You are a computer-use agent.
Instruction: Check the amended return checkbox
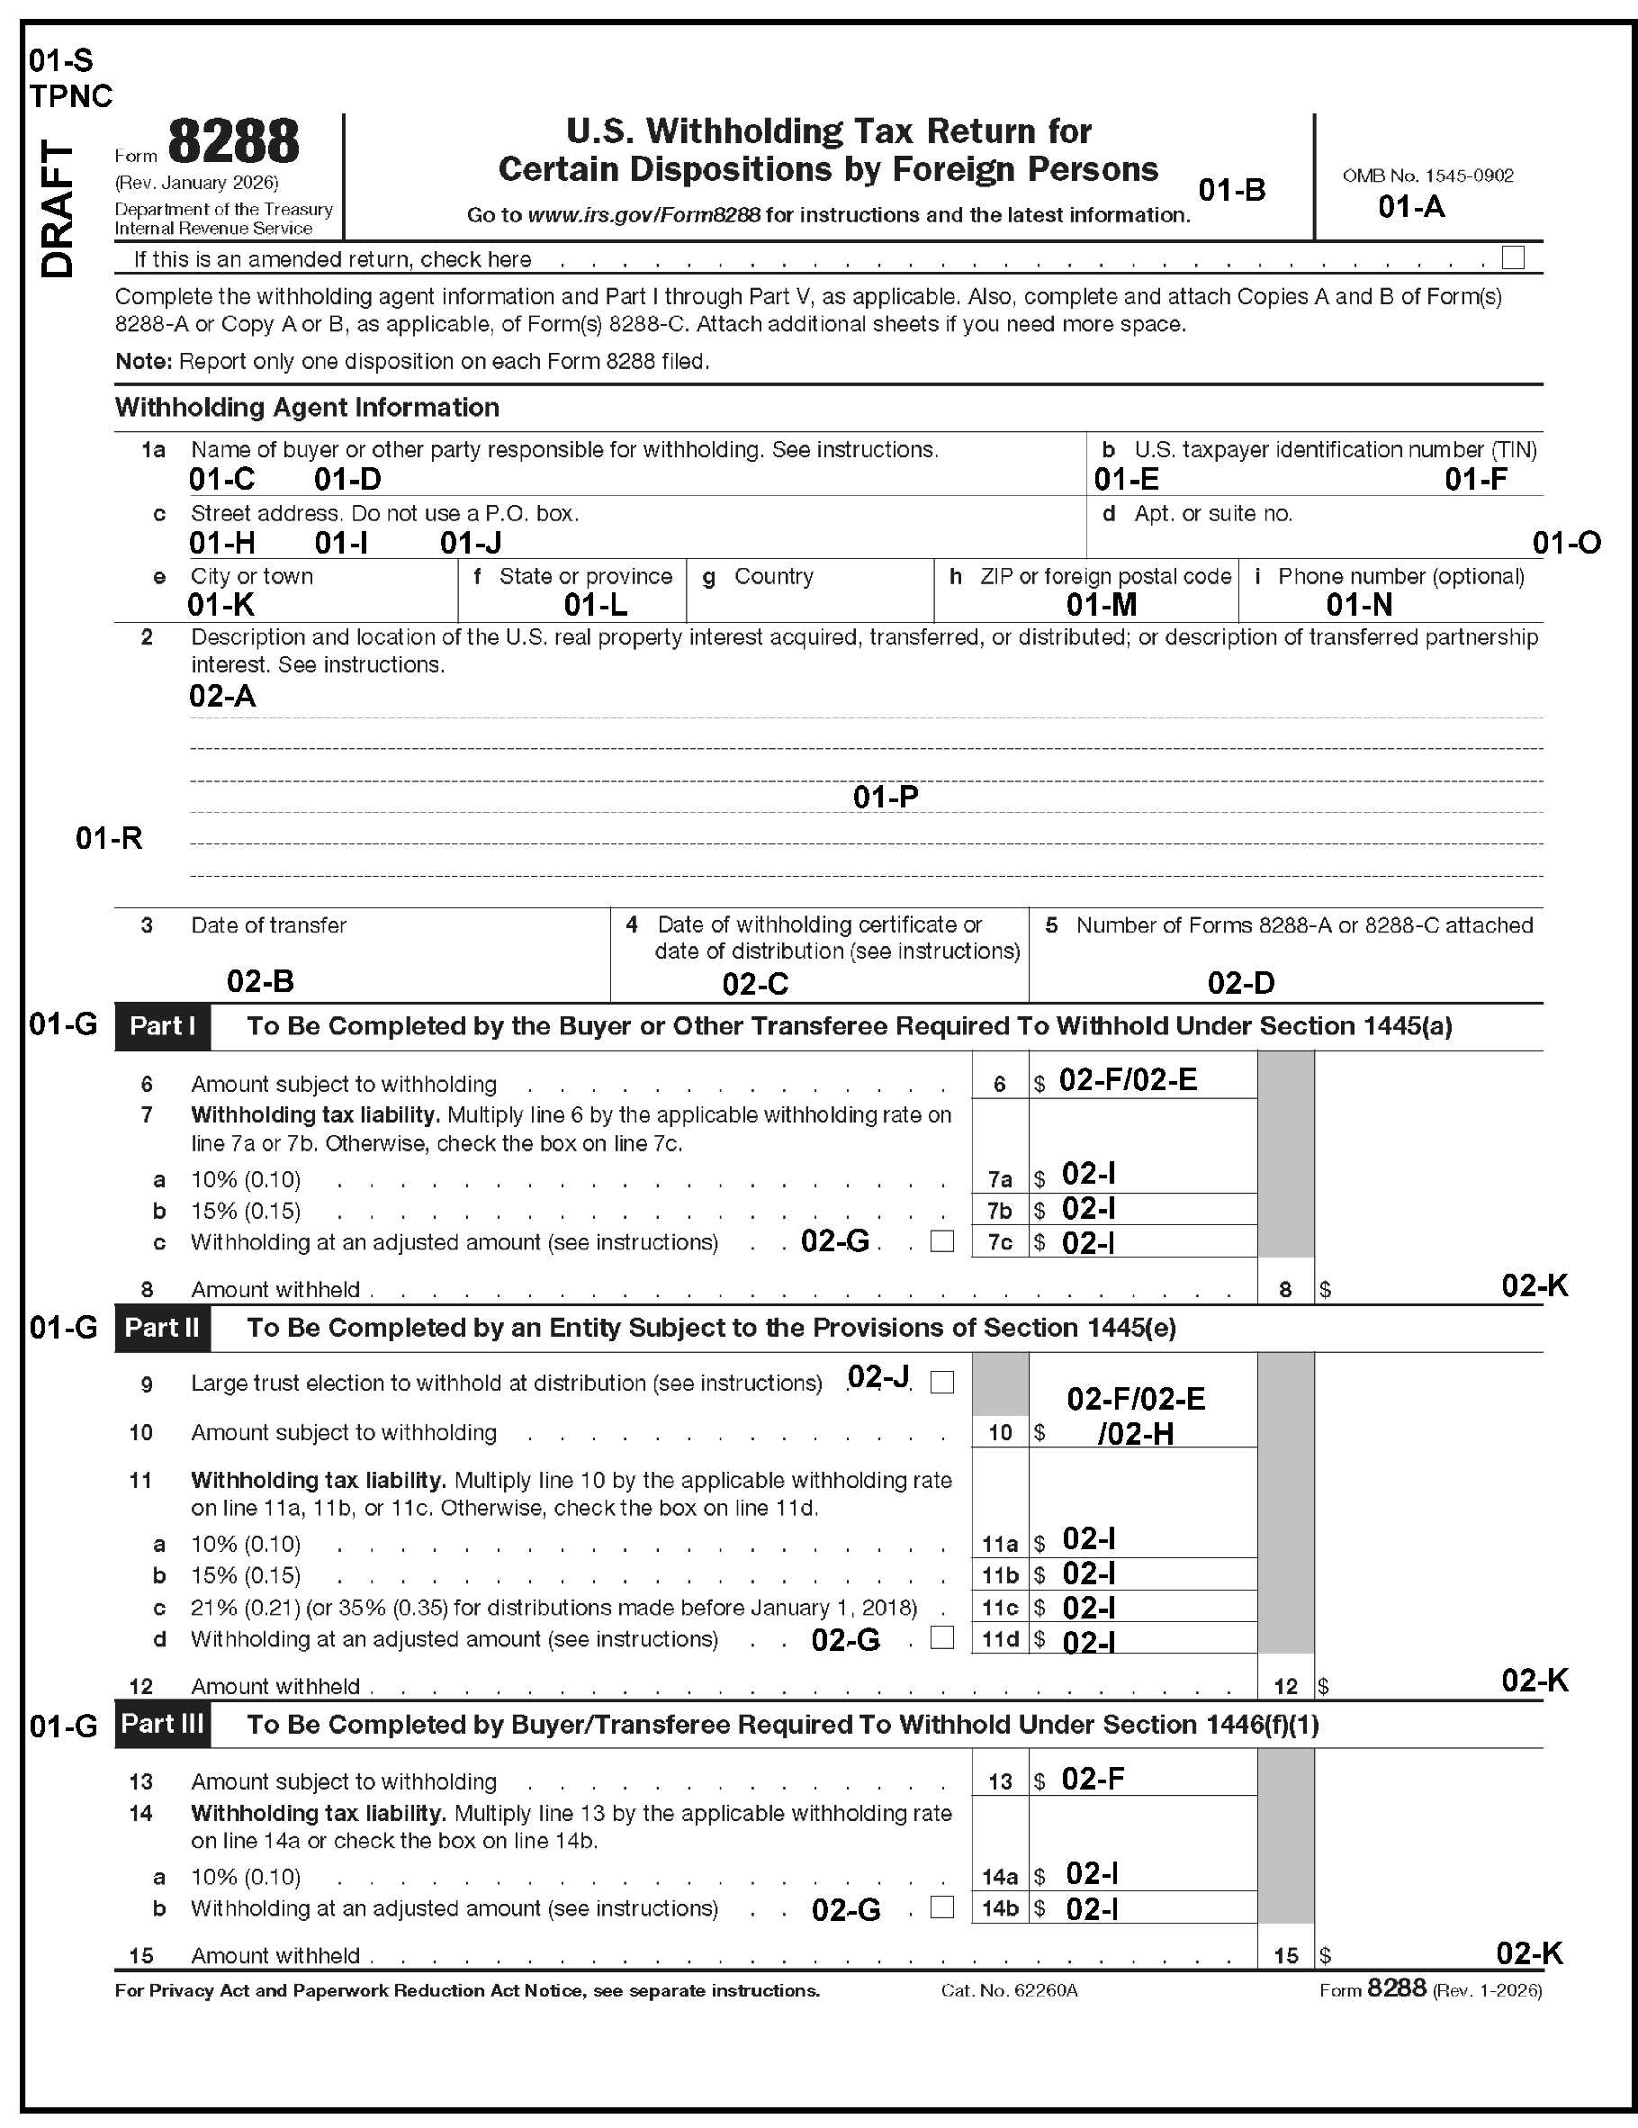pos(1512,257)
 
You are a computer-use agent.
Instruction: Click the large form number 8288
pos(234,142)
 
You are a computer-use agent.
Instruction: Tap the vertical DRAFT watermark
pos(58,210)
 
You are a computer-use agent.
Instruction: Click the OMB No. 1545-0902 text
pos(1427,176)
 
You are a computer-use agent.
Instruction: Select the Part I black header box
pos(163,1026)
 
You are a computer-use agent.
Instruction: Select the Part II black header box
pos(163,1328)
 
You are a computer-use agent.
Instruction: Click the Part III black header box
pos(163,1724)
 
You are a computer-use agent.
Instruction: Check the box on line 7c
pos(941,1241)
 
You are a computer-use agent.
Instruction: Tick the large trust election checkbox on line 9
pos(941,1382)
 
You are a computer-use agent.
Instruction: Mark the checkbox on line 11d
pos(941,1638)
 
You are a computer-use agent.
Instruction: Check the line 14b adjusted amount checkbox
pos(941,1907)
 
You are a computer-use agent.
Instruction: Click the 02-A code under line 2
pos(222,696)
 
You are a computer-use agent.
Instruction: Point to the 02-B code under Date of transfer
pos(260,981)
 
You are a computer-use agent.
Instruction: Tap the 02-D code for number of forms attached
pos(1240,983)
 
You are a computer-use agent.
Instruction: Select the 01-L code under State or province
pos(596,605)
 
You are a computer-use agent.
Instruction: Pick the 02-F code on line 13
pos(1093,1779)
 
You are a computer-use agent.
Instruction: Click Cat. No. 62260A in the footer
pos(1009,1990)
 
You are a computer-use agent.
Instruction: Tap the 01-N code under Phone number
pos(1358,605)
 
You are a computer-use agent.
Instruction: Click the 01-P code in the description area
pos(885,797)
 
